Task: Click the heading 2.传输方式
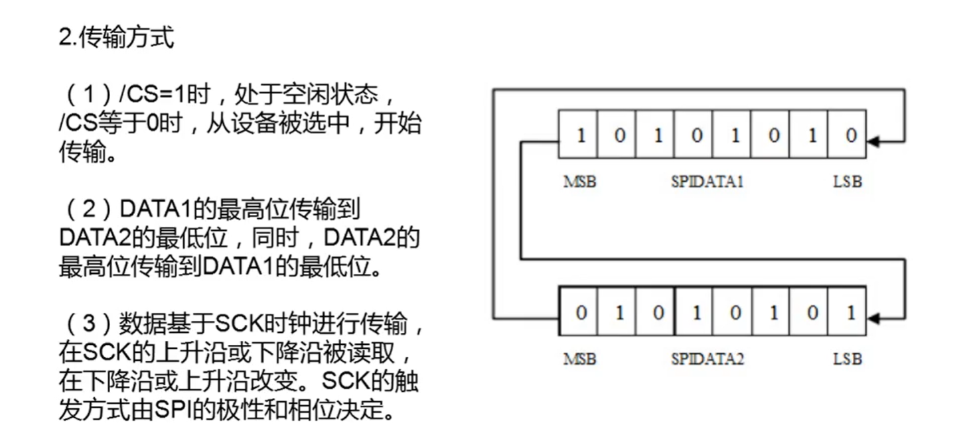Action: (116, 38)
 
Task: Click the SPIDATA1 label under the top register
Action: (707, 182)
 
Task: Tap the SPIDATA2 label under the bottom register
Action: (707, 359)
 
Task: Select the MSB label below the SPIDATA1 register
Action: (580, 182)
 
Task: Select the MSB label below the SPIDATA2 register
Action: (580, 359)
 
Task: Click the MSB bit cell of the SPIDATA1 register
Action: (579, 136)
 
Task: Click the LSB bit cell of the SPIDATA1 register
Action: (850, 136)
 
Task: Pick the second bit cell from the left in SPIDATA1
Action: (619, 136)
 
